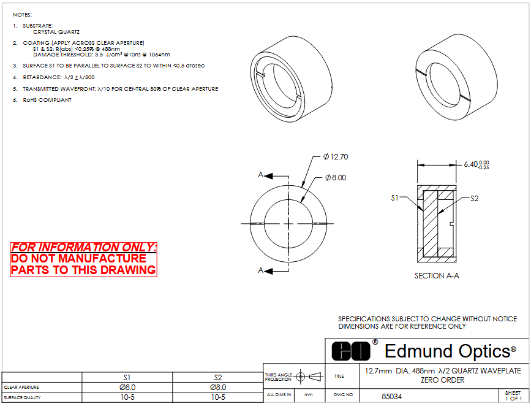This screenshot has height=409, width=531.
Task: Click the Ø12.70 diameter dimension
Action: pos(335,157)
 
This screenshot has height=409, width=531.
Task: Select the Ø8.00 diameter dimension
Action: pos(336,178)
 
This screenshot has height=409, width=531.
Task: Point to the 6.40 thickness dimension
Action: pos(476,165)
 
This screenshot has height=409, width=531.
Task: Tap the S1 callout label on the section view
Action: pos(395,197)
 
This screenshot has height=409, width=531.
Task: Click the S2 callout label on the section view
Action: pos(475,199)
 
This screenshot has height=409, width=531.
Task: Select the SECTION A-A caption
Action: pos(437,276)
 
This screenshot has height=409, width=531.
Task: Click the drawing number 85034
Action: pos(391,397)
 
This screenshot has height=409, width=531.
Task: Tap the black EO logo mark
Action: pos(351,351)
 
